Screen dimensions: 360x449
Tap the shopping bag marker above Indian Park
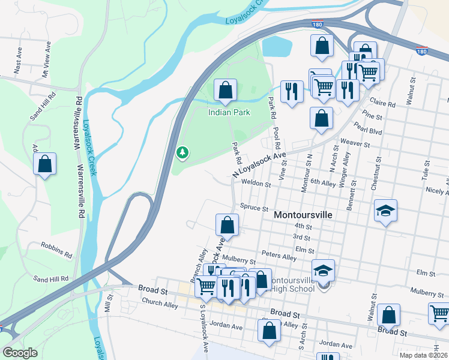(x=225, y=91)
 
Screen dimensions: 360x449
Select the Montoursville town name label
(x=303, y=214)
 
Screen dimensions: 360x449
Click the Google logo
(x=20, y=353)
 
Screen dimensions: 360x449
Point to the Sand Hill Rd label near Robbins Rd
(x=50, y=278)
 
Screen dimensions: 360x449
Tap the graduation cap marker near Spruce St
(x=385, y=211)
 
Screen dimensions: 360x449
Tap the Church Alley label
(x=160, y=303)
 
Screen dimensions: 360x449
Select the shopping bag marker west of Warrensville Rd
(x=44, y=164)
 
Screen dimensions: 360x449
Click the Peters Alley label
(x=279, y=257)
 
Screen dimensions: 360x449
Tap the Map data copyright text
(x=423, y=355)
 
